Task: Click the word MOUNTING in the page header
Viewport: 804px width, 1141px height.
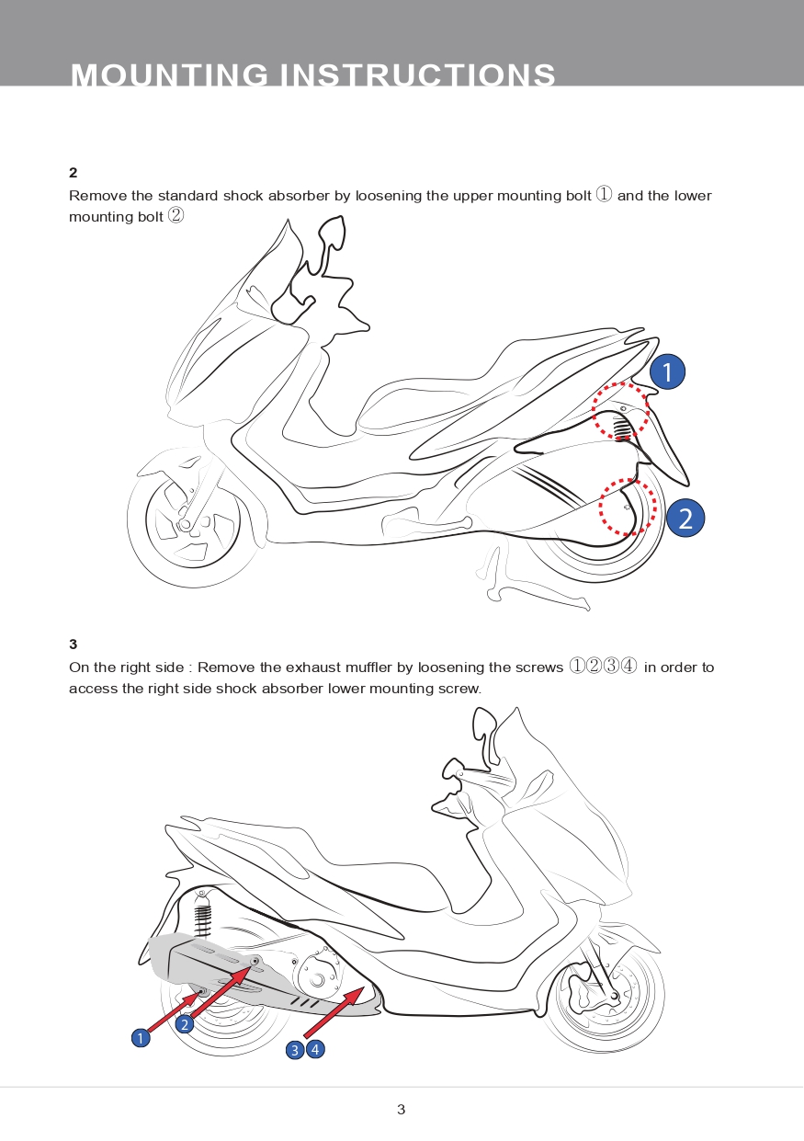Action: point(169,74)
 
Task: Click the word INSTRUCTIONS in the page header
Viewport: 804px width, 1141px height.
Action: point(417,74)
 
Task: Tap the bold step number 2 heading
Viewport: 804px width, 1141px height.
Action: point(74,173)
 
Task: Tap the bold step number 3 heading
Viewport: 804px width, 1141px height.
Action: point(74,645)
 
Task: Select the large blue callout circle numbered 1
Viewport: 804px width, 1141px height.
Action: point(667,371)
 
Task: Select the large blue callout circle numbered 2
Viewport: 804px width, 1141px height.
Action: point(685,518)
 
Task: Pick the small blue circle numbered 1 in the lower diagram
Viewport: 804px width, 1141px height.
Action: point(141,1038)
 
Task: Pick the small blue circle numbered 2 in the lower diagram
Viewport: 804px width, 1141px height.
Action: point(185,1024)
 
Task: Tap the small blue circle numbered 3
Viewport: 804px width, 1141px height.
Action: point(294,1050)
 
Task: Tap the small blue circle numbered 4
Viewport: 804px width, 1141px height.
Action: point(315,1049)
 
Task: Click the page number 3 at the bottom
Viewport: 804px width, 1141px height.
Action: point(402,1110)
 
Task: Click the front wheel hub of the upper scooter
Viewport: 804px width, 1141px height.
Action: point(186,524)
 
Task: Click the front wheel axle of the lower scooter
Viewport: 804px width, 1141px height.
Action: point(615,996)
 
